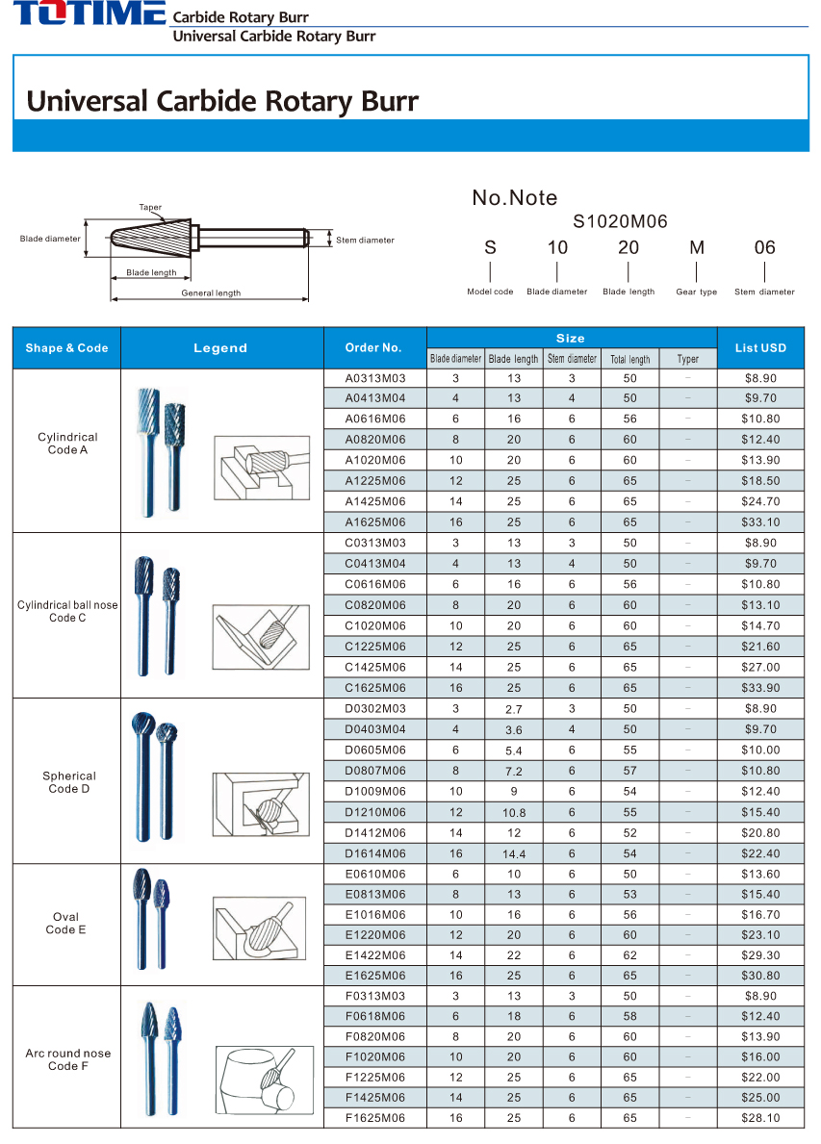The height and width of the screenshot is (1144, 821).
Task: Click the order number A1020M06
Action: [x=375, y=460]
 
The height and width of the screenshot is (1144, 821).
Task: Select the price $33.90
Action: [x=760, y=688]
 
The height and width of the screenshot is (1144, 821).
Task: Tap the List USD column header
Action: [x=760, y=348]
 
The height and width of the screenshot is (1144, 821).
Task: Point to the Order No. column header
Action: [x=373, y=348]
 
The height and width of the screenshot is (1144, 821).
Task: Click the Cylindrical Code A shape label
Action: [x=67, y=444]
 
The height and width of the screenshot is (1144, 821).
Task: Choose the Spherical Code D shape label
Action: [x=69, y=782]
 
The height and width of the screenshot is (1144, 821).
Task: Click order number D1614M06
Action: [x=375, y=853]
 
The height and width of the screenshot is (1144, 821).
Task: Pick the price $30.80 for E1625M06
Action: [x=760, y=976]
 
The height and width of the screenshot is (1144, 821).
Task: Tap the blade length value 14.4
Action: [x=514, y=854]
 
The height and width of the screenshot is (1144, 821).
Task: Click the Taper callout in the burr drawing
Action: [x=150, y=207]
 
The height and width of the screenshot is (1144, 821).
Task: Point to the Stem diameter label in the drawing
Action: [x=365, y=241]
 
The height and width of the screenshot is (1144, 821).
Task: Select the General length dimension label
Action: [x=211, y=292]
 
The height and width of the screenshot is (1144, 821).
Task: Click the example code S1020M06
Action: [x=620, y=221]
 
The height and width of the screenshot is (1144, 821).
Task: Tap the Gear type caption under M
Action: [x=696, y=292]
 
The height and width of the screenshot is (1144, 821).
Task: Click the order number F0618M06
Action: [x=375, y=1016]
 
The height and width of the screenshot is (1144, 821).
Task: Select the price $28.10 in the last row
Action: [x=760, y=1118]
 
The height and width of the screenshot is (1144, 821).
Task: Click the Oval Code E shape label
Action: [x=65, y=924]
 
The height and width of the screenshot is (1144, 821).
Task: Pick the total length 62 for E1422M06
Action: [x=629, y=955]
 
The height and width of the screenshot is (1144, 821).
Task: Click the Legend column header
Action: [x=220, y=348]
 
